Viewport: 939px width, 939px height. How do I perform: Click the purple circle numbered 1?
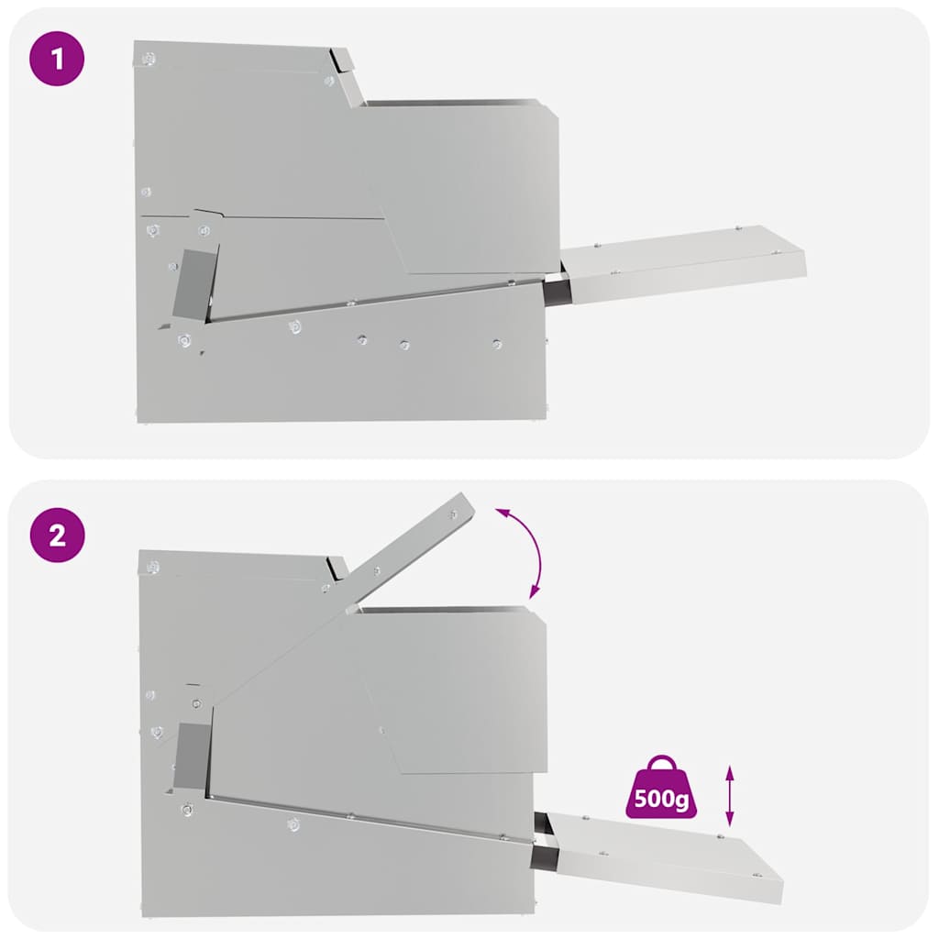pos(57,59)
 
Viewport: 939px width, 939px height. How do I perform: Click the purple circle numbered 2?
pos(58,535)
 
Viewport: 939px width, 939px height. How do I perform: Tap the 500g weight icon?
pos(661,787)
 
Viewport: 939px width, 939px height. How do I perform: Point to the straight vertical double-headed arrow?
pos(729,796)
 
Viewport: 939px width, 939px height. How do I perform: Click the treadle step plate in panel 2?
pos(665,856)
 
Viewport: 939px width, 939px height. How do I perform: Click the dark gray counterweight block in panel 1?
pos(194,284)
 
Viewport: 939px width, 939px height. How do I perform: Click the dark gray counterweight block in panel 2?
pos(192,756)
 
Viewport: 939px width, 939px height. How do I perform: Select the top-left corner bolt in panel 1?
pos(149,58)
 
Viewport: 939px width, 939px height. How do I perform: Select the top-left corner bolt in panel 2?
pos(153,567)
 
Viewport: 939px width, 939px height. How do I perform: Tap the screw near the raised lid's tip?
pos(453,514)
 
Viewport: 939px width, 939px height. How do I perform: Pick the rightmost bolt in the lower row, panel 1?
pos(496,345)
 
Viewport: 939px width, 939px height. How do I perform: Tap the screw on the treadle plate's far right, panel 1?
pos(777,252)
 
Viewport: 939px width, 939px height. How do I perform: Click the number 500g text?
pos(661,799)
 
